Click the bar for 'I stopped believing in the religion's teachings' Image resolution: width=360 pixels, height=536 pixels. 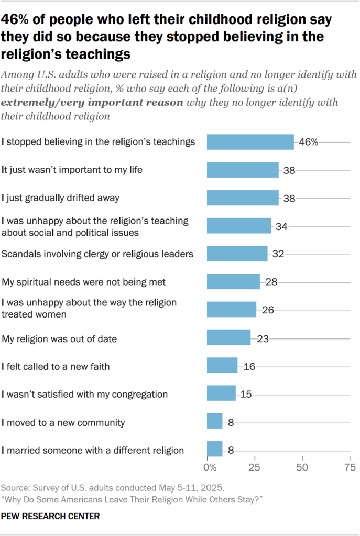[x=250, y=142]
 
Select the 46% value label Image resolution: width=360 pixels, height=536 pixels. [x=308, y=142]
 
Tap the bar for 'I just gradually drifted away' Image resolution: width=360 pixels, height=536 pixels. [x=243, y=198]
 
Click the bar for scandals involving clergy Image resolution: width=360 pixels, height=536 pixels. [x=237, y=254]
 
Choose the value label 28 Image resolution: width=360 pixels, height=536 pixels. [x=270, y=282]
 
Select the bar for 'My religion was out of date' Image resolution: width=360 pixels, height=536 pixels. [x=228, y=338]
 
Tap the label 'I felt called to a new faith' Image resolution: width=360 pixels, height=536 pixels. [x=55, y=366]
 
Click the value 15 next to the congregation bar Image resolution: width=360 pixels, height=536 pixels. [x=246, y=394]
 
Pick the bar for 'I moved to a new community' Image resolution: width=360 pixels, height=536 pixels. [x=215, y=422]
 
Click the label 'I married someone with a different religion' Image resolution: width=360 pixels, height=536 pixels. [x=93, y=450]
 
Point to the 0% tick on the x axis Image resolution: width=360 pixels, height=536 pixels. [x=209, y=467]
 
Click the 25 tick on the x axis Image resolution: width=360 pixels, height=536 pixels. [x=255, y=467]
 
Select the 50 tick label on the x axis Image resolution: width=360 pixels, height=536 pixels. [x=302, y=467]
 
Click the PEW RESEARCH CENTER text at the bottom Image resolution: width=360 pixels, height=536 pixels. [x=50, y=516]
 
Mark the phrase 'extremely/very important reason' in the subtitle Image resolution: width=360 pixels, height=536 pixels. [x=93, y=102]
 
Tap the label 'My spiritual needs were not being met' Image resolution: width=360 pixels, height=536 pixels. [x=83, y=282]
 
